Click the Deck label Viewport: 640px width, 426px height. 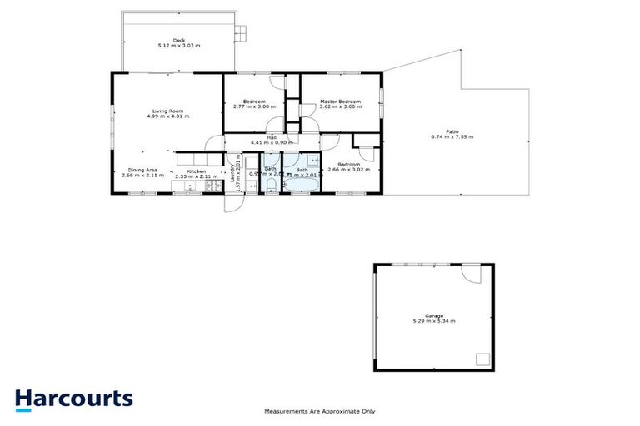(x=178, y=40)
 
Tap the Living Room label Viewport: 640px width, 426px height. (x=167, y=111)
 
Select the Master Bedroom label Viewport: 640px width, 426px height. (x=341, y=102)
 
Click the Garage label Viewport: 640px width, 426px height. (x=433, y=315)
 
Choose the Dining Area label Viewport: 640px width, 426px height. (x=137, y=171)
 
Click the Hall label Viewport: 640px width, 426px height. (x=272, y=137)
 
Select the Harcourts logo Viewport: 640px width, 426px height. (x=73, y=398)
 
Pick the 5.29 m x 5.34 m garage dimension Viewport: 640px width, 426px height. (x=434, y=321)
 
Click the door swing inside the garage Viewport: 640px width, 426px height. (x=472, y=275)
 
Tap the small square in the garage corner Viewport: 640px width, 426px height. (x=482, y=359)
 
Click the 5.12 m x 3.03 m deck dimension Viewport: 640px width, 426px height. (x=178, y=46)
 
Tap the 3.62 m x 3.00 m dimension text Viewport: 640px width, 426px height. (x=341, y=106)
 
